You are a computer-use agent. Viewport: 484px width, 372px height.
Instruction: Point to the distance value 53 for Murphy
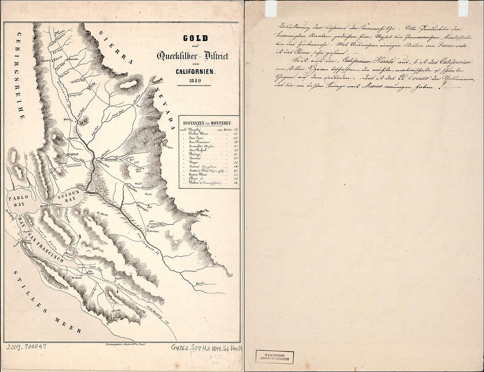coord(235,130)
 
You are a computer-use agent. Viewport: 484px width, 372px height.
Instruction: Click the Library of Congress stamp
coord(275,356)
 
